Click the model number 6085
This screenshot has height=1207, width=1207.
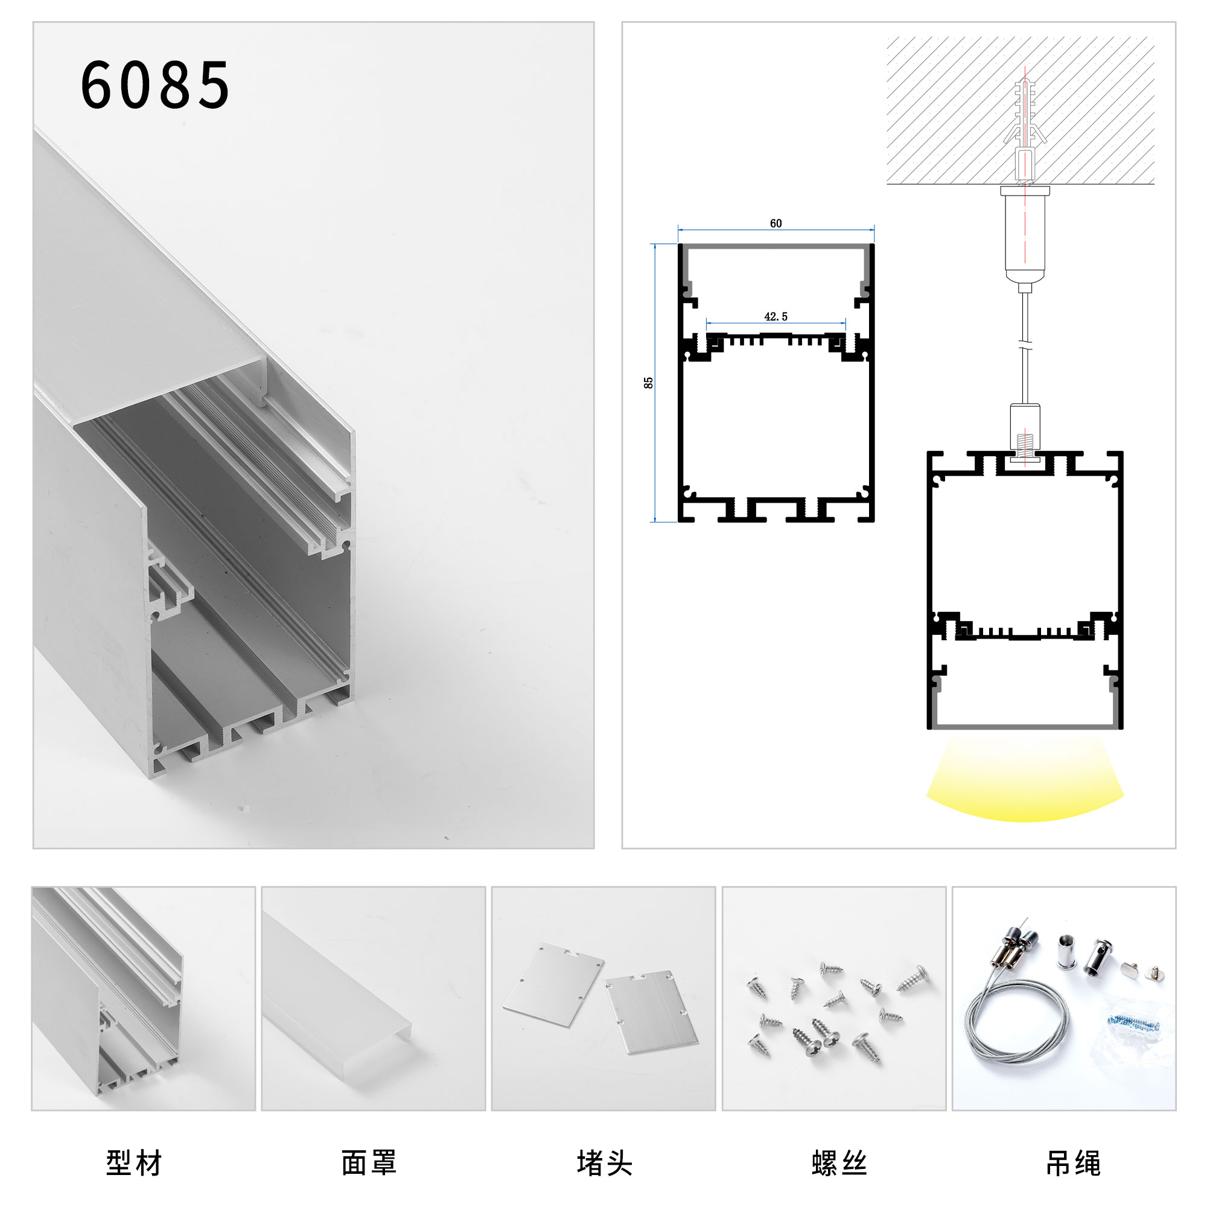click(155, 86)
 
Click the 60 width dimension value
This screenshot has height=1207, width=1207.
click(775, 224)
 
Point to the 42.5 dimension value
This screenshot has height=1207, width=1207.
click(775, 317)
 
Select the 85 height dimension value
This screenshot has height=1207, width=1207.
click(649, 383)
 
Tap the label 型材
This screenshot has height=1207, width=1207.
click(134, 1163)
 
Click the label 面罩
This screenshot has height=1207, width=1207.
click(369, 1163)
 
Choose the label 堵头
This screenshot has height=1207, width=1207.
click(604, 1163)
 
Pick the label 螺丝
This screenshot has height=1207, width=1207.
click(839, 1163)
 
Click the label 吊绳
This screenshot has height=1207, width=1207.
click(1073, 1163)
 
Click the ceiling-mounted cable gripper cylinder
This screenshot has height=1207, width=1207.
click(1025, 234)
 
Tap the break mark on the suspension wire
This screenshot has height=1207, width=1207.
click(1025, 343)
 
